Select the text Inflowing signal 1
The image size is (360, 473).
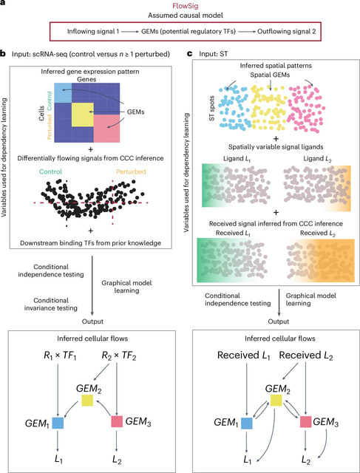coord(93,31)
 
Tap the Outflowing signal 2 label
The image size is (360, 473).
coord(286,31)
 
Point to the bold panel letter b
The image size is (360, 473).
coord(3,54)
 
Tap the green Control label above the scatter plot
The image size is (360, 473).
coord(50,171)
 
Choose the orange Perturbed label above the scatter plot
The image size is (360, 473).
coord(130,171)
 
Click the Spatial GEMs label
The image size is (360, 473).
coord(270,75)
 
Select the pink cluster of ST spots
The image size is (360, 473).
coord(306,109)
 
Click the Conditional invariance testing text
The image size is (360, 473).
coord(55,304)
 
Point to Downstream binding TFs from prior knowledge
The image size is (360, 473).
coord(90,243)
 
